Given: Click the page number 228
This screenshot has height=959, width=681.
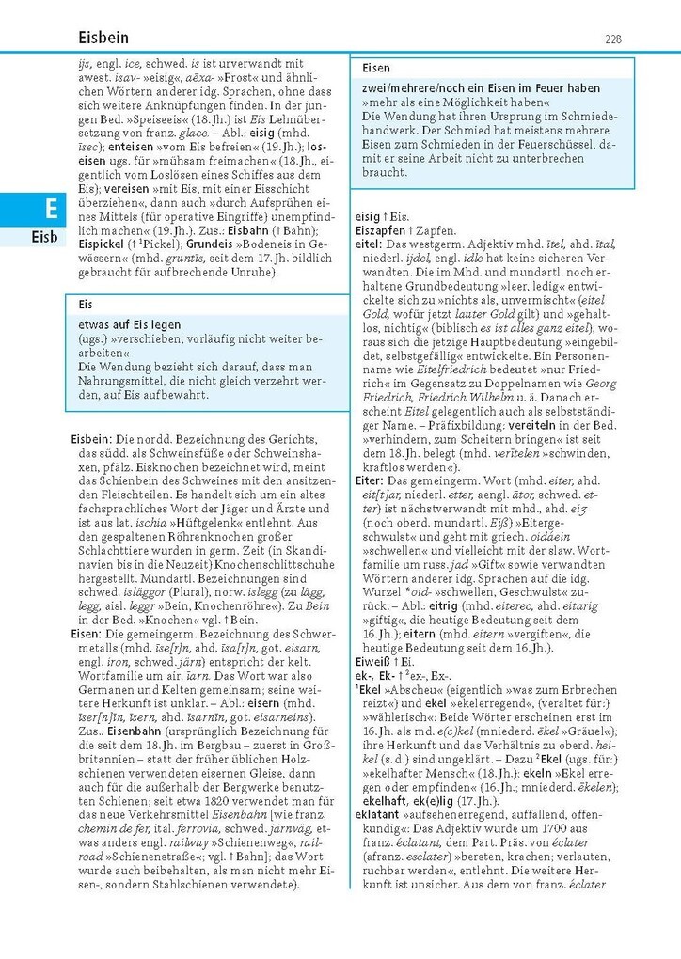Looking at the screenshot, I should click(612, 39).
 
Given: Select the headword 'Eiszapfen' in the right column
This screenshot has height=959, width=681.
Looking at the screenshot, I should click(379, 230).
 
